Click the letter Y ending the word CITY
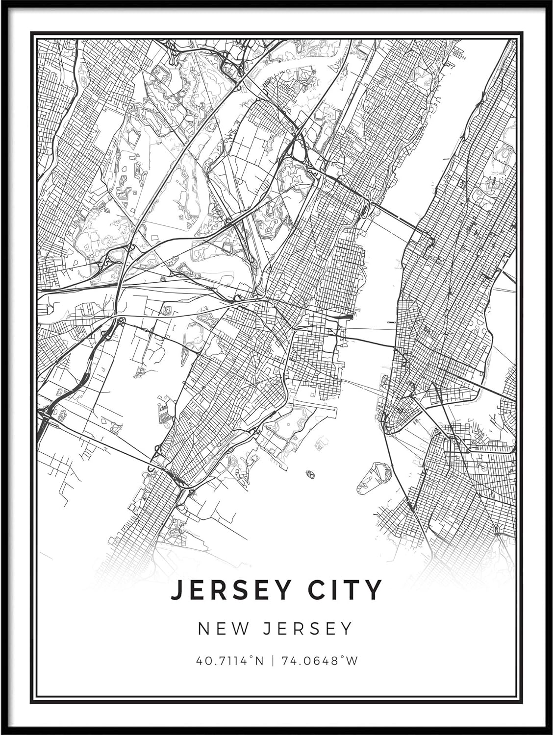tap(374, 590)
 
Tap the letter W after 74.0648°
tap(352, 661)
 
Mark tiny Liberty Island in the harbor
tap(310, 474)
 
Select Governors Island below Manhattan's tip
tap(373, 476)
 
